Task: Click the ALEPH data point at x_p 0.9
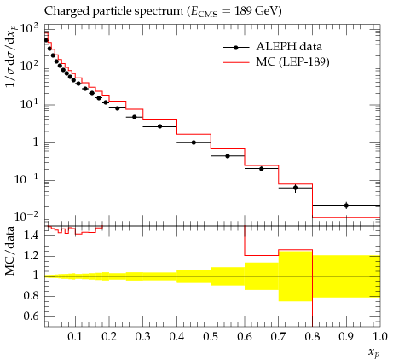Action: [x=346, y=206]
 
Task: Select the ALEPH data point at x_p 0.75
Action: [x=296, y=188]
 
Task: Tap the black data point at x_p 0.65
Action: [x=262, y=169]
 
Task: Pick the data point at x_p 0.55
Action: [x=228, y=156]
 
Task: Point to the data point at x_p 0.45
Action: [x=194, y=142]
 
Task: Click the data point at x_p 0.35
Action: [x=159, y=126]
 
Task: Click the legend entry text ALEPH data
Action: [x=289, y=47]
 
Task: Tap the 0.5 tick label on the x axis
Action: [x=211, y=337]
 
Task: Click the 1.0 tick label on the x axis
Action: [x=380, y=337]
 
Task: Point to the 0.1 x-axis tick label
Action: [x=75, y=337]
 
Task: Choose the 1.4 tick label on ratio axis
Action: [x=32, y=235]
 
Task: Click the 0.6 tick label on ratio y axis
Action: [x=32, y=316]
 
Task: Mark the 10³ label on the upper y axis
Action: [x=29, y=29]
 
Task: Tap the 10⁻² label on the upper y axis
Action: [x=26, y=217]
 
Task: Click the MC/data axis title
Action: [x=10, y=251]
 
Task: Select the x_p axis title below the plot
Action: [x=374, y=352]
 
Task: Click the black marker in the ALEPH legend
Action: [x=235, y=48]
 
